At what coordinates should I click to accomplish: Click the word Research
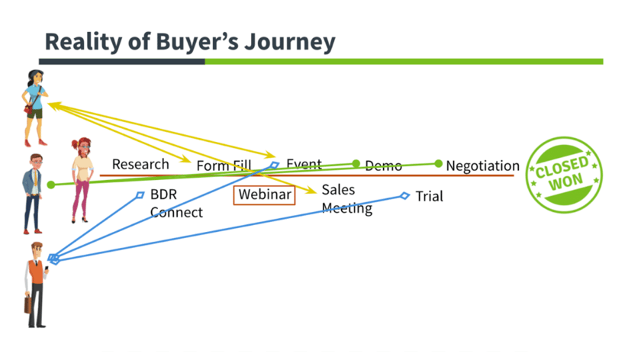140,164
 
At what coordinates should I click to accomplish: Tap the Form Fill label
224,166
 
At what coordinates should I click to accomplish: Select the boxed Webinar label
265,194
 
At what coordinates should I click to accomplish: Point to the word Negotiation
482,166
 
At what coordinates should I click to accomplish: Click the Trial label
429,197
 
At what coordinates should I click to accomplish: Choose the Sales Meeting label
346,198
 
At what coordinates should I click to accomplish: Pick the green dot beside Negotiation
439,163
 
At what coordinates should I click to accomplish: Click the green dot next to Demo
356,163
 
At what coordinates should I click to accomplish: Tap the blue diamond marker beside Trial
405,196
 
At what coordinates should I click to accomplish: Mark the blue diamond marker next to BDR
140,195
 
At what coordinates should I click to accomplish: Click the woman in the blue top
34,107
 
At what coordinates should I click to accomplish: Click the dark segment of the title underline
121,61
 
